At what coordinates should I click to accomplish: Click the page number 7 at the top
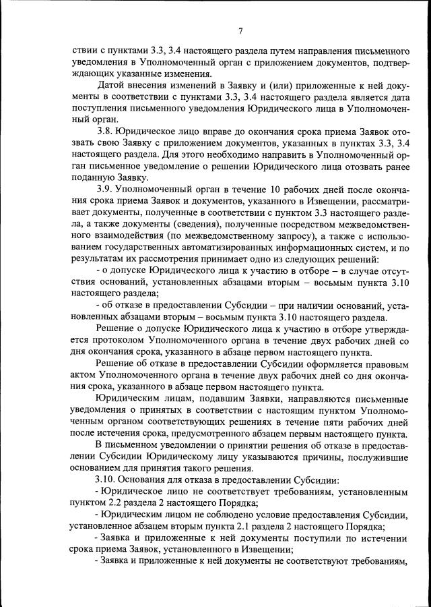click(x=240, y=30)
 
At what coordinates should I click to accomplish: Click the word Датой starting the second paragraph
click(x=111, y=86)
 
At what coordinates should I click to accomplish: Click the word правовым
click(x=385, y=364)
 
